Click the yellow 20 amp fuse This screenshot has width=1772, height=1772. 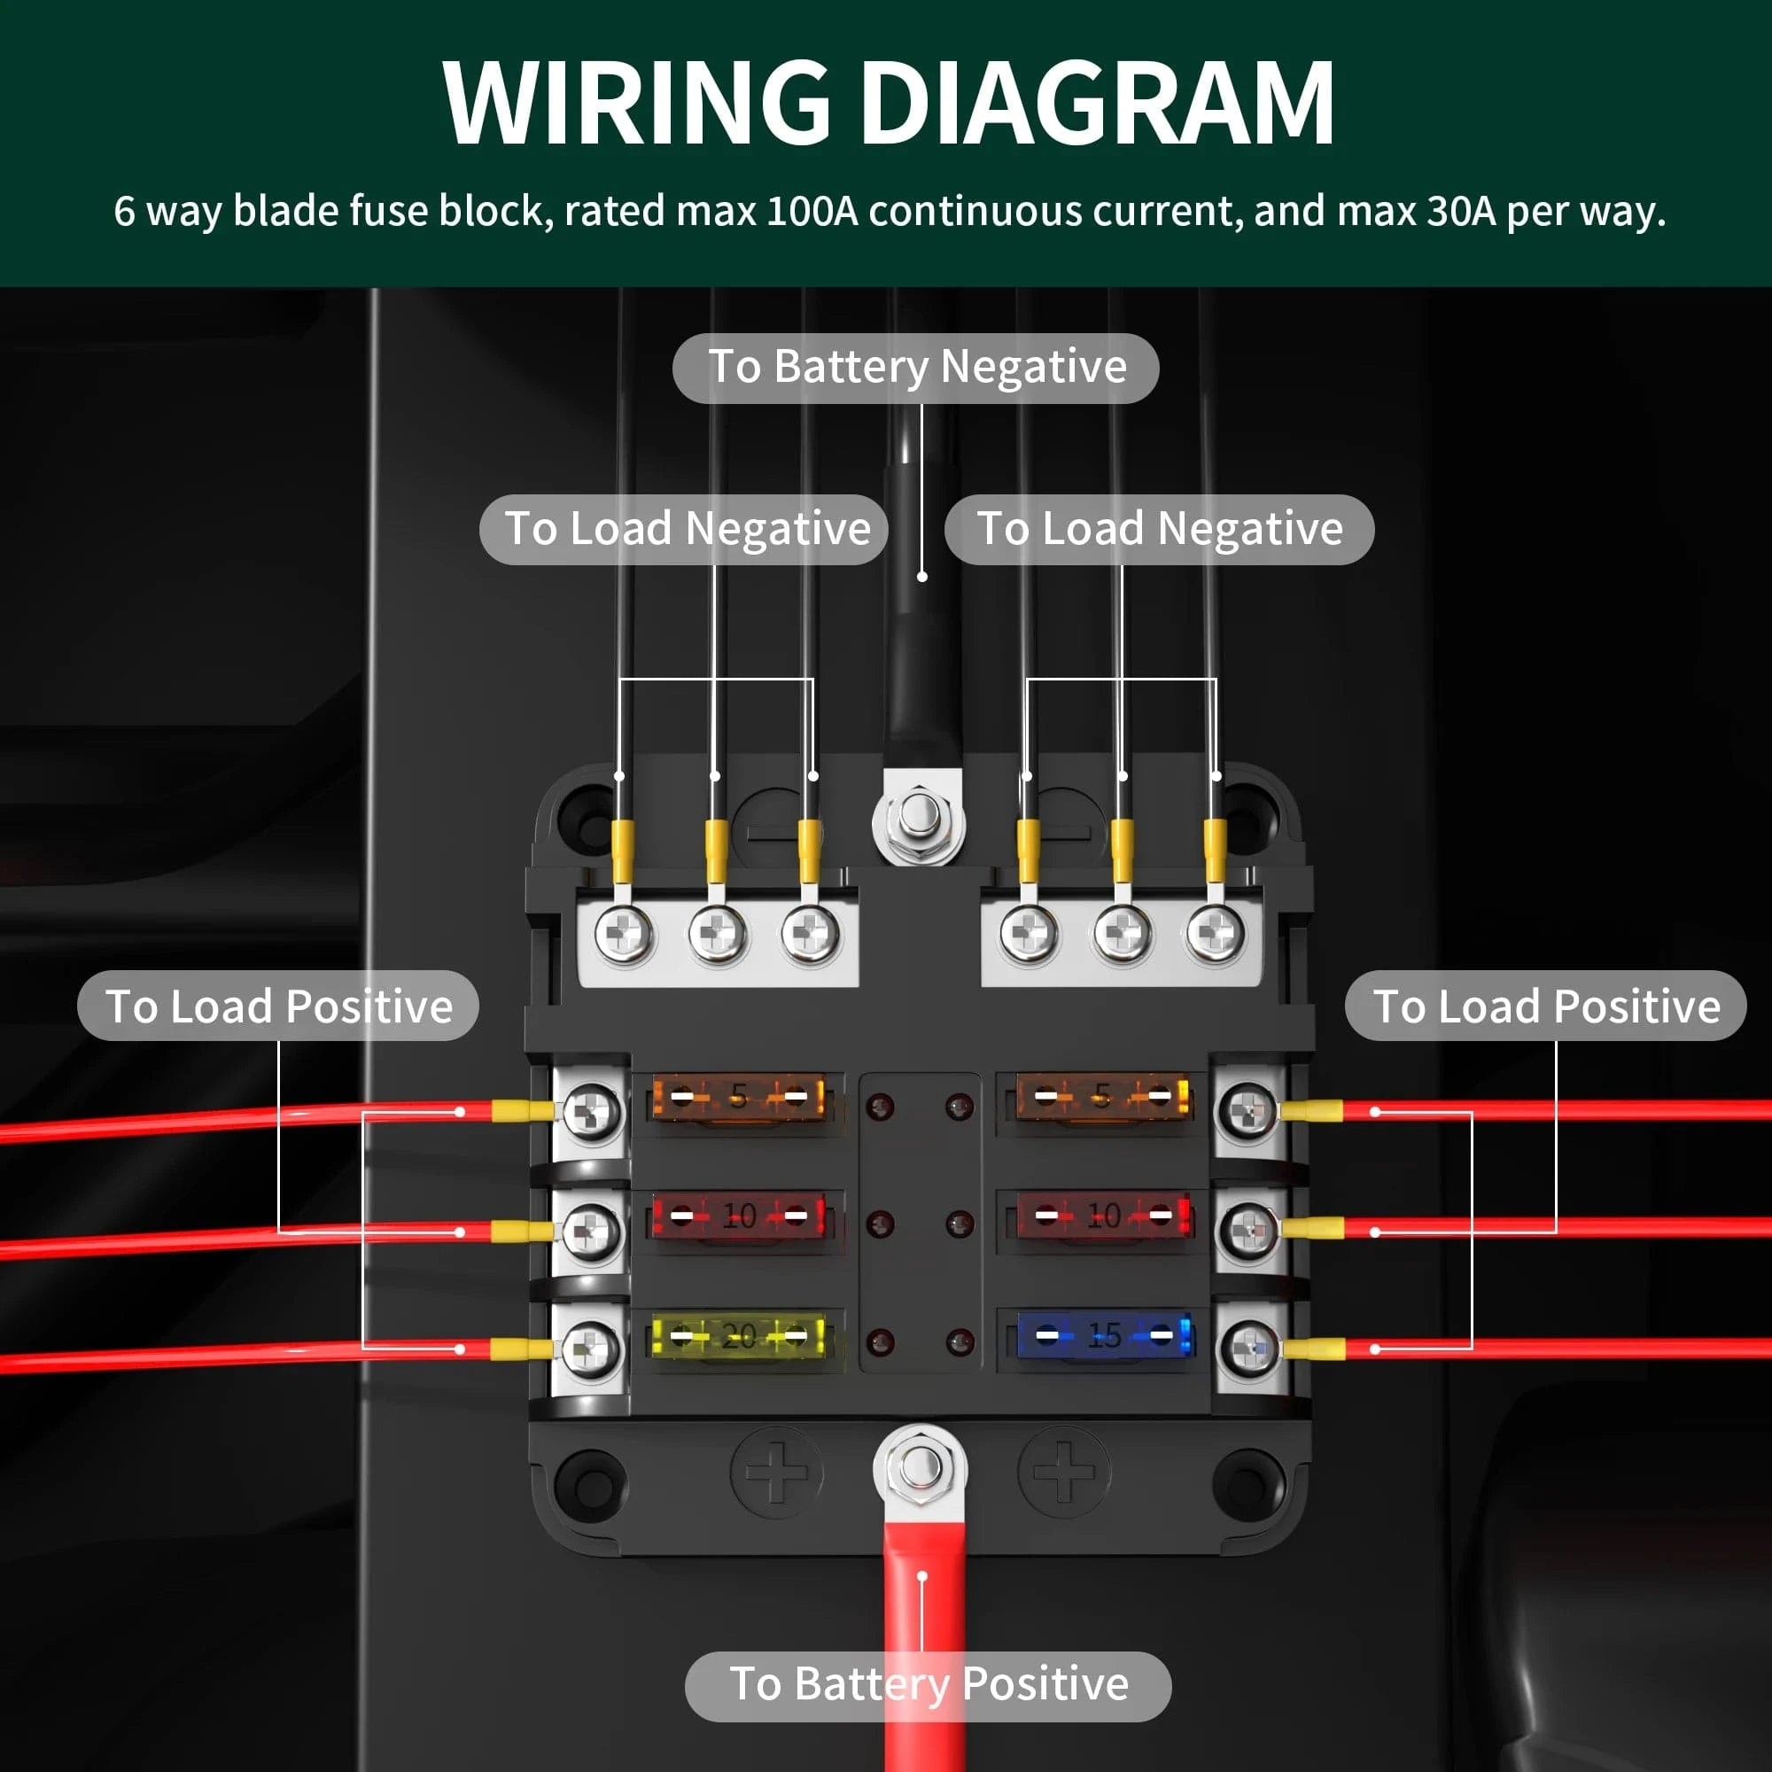(x=738, y=1336)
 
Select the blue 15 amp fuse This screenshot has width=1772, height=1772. (x=1103, y=1335)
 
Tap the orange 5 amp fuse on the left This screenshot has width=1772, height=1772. (x=738, y=1096)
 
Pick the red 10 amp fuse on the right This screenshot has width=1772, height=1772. (x=1103, y=1216)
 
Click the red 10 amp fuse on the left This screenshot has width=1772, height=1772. (x=738, y=1216)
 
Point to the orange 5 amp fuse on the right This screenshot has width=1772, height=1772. (x=1103, y=1096)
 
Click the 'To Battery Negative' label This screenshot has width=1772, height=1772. (x=916, y=368)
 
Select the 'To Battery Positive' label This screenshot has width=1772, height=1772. (x=929, y=1684)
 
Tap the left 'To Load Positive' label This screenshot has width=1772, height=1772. (x=279, y=1006)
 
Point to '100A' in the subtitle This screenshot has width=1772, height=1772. (x=812, y=212)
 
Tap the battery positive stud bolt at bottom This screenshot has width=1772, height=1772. (x=919, y=1467)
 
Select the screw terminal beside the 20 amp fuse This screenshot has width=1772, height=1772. (x=590, y=1348)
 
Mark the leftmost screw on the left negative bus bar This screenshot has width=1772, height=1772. (x=624, y=935)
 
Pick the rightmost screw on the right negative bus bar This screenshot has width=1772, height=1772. (x=1216, y=935)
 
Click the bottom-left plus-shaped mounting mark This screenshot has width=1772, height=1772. (x=776, y=1471)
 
